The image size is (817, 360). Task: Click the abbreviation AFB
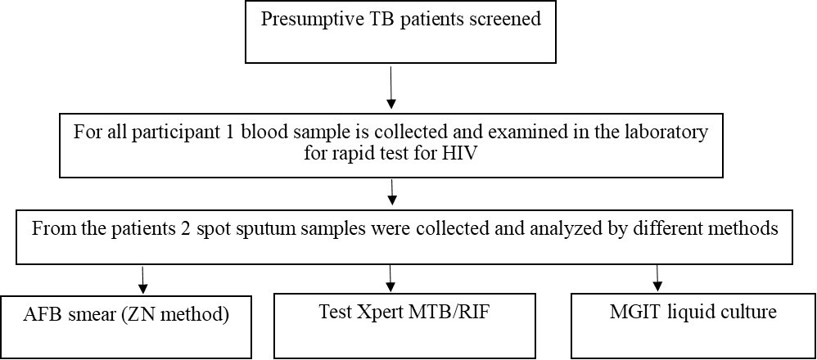(44, 313)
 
